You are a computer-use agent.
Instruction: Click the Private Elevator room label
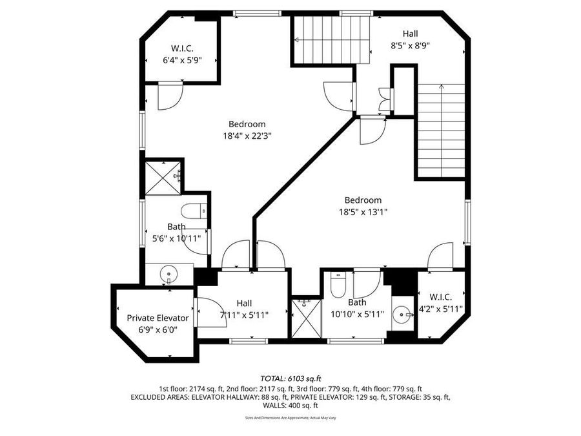point(158,318)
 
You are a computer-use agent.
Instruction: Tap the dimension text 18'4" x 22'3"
point(247,136)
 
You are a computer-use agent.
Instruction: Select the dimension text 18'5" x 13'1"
point(362,212)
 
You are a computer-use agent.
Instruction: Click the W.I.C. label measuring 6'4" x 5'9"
point(182,48)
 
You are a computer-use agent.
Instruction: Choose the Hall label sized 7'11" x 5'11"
point(244,303)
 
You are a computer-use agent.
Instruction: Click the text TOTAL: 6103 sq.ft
point(290,379)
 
